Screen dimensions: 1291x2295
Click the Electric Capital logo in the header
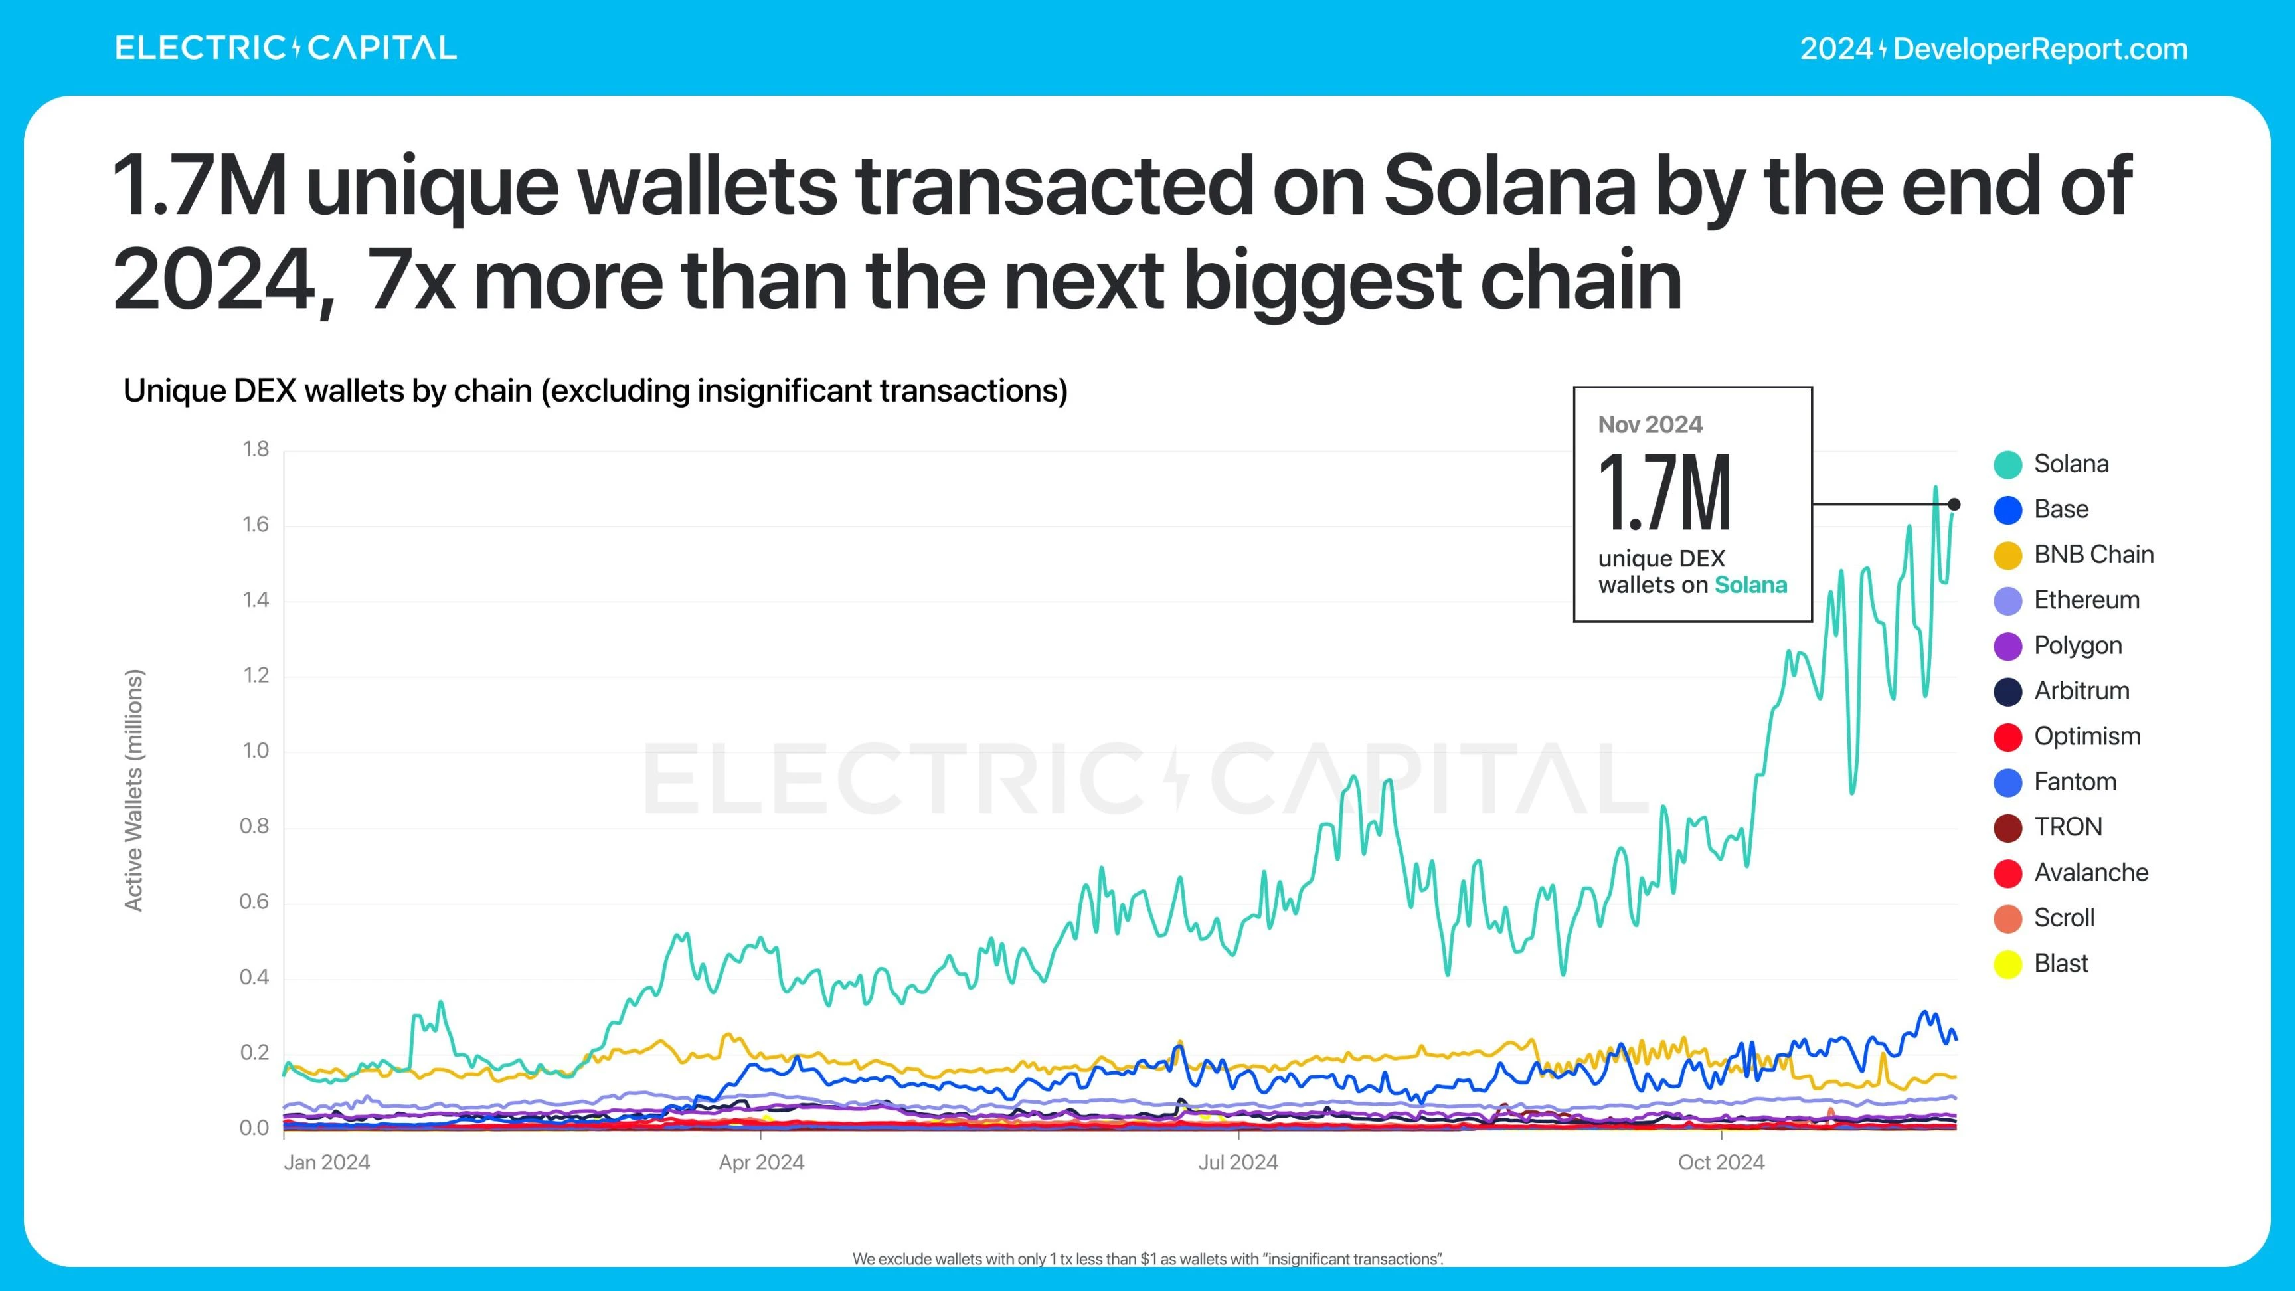285,48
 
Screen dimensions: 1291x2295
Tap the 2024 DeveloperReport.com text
1993,49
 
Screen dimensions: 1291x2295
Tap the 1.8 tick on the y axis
256,449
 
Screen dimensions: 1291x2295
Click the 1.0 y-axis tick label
256,751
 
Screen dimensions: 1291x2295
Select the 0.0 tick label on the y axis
254,1128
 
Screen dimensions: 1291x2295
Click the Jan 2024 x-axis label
326,1163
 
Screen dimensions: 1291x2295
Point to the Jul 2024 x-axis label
1238,1163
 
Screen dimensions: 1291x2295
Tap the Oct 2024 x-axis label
1721,1163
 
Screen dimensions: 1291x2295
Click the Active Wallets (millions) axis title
133,790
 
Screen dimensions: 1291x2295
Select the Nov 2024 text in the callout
1650,425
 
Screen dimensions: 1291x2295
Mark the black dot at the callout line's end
1954,504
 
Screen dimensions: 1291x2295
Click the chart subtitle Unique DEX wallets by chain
595,391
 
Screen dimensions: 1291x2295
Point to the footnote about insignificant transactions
1147,1259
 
